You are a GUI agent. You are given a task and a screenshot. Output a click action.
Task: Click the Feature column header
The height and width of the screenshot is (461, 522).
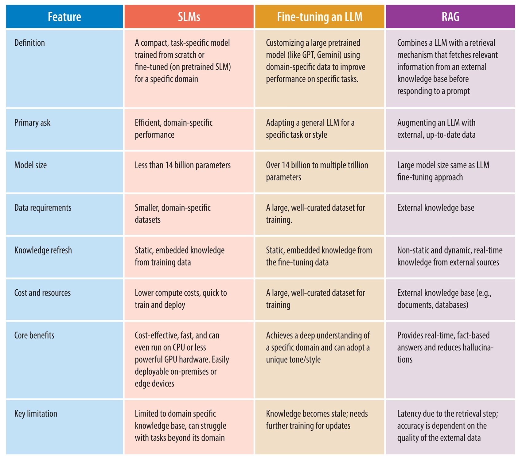coord(64,17)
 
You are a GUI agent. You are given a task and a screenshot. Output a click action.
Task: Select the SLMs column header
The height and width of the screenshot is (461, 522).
coord(189,17)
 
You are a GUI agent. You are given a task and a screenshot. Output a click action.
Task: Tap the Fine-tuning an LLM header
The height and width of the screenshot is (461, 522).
coord(320,17)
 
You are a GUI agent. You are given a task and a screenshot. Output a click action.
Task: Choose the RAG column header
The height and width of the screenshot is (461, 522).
coord(450,17)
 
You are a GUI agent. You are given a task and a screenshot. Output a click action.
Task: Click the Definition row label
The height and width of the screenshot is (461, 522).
coord(29,43)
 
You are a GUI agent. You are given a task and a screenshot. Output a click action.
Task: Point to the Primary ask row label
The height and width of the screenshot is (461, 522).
coord(32,123)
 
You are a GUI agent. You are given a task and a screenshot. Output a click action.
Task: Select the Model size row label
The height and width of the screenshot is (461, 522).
coord(30,166)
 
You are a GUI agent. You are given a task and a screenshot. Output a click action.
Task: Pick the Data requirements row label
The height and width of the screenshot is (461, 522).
coord(43,208)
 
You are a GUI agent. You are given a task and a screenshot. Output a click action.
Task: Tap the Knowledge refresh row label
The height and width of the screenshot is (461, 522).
coord(43,250)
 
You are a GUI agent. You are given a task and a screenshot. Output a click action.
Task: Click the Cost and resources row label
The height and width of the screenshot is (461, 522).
coord(42,293)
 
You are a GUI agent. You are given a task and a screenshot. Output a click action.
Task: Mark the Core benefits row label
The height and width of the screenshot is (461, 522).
coord(34,336)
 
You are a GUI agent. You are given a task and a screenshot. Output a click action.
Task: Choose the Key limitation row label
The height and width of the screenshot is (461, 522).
coord(36,414)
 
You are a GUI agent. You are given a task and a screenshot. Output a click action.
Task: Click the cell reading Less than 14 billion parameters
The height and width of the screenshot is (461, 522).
coord(182,166)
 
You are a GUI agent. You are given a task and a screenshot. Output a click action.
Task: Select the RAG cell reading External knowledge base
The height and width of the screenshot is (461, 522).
coord(435,208)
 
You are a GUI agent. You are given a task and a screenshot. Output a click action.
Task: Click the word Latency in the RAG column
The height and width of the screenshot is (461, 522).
coord(409,414)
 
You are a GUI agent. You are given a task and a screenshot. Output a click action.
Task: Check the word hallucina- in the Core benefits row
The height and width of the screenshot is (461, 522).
coord(478,348)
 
